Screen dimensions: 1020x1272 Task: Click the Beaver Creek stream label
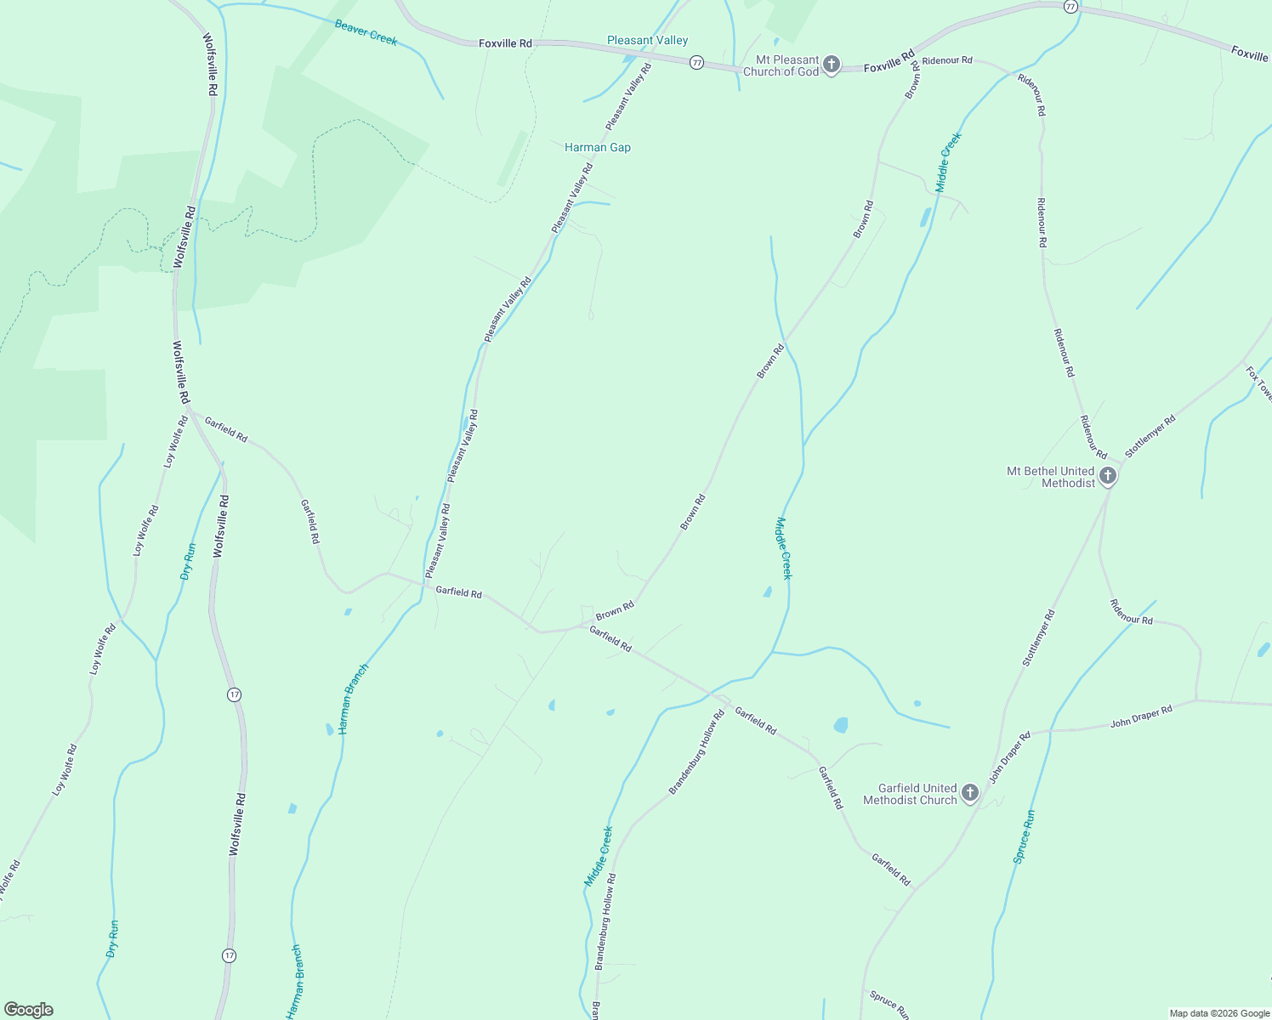click(x=366, y=32)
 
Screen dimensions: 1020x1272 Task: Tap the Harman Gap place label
click(x=598, y=147)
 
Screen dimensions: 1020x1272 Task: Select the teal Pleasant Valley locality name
click(x=647, y=40)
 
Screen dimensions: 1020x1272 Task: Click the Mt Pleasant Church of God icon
click(x=832, y=65)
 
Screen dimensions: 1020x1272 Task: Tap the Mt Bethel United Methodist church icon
click(x=1107, y=476)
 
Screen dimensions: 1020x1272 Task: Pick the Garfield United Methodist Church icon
click(x=969, y=794)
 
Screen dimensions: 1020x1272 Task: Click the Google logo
click(x=28, y=1010)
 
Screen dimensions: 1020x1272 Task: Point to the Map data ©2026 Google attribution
click(x=1218, y=1013)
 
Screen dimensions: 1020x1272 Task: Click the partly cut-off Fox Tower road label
click(x=1259, y=383)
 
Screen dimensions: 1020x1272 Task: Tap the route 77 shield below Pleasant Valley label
click(x=696, y=63)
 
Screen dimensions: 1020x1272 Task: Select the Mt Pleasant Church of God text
click(x=781, y=65)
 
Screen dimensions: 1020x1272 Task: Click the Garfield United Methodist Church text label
click(x=910, y=794)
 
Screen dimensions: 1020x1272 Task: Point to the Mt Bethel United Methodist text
click(x=1051, y=477)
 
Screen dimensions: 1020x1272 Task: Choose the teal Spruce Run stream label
click(x=1024, y=836)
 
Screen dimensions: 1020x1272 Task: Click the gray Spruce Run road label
click(x=889, y=1004)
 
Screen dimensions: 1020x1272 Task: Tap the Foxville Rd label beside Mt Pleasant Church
click(x=889, y=60)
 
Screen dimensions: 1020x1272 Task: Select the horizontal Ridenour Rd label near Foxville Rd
click(x=946, y=60)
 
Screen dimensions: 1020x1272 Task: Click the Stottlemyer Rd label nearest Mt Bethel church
click(x=1150, y=436)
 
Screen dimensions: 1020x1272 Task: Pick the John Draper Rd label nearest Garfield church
click(x=1009, y=756)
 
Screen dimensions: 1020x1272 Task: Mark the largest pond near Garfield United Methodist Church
click(x=841, y=725)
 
